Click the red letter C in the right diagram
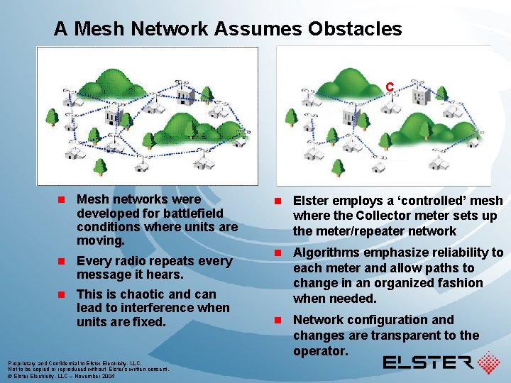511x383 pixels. click(x=390, y=87)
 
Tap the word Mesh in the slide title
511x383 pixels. click(x=97, y=29)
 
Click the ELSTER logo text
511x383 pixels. click(x=428, y=363)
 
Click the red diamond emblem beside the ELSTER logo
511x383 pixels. click(x=488, y=362)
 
